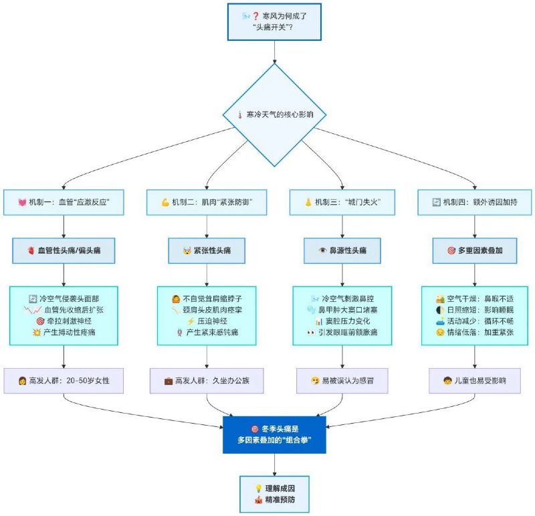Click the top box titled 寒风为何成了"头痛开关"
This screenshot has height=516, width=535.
coord(275,23)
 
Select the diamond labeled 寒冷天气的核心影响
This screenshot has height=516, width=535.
coord(275,114)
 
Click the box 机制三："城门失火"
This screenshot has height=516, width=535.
coord(342,201)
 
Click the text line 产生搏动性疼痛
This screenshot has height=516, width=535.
coord(69,333)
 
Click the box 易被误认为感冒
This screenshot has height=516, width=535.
coord(342,381)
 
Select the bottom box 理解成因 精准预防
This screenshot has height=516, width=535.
coord(275,494)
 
